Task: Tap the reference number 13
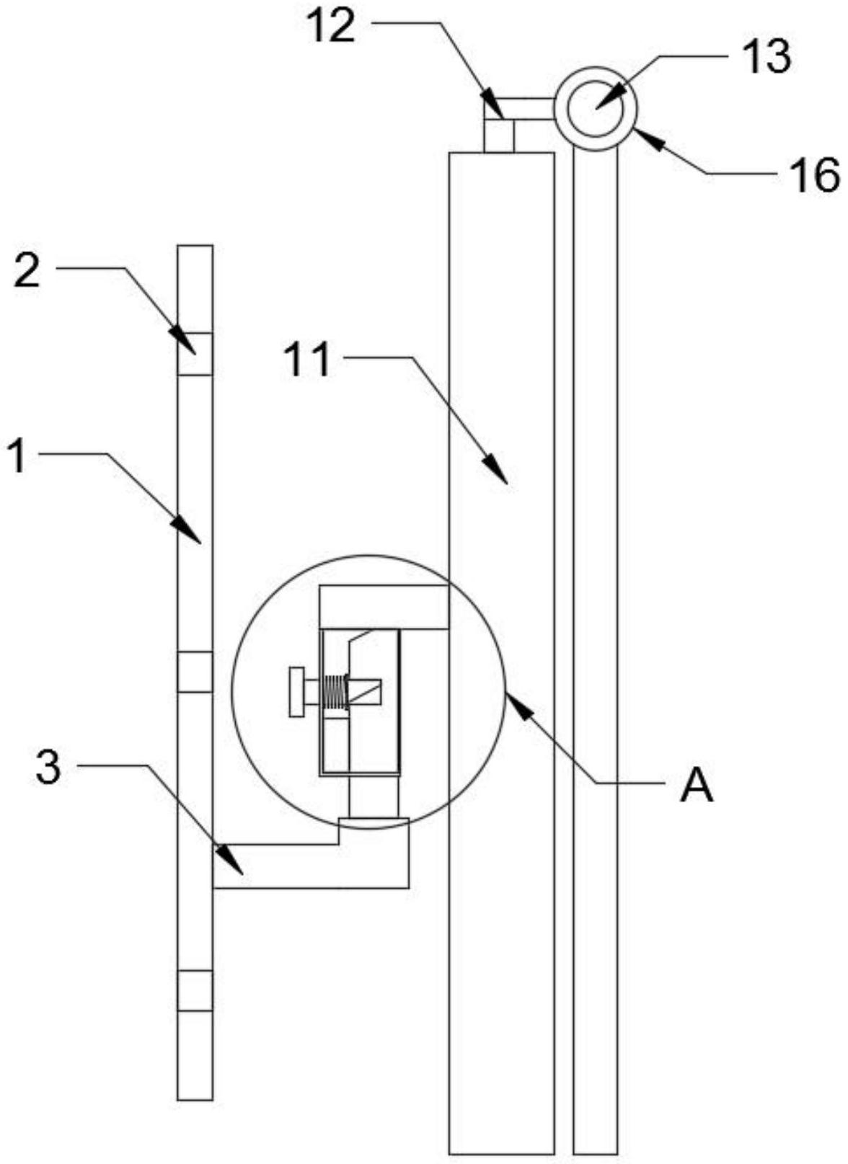[x=767, y=55]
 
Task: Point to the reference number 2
[x=27, y=273]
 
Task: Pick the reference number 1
[x=17, y=456]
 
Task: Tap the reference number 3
[x=48, y=768]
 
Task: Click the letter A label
[x=696, y=786]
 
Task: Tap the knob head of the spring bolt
[x=296, y=692]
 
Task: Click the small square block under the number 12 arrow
[x=498, y=135]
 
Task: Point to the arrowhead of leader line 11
[x=500, y=475]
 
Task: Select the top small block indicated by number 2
[x=195, y=353]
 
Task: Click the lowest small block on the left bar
[x=195, y=990]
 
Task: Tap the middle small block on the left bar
[x=195, y=671]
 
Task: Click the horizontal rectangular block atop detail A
[x=384, y=606]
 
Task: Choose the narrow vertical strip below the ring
[x=596, y=649]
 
